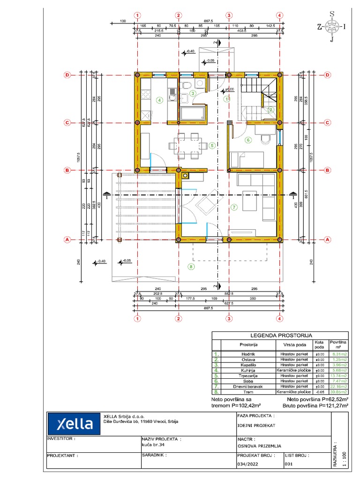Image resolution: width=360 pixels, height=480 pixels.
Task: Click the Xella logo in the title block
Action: [75, 424]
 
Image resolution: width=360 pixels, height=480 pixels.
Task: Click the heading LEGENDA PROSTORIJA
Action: [281, 336]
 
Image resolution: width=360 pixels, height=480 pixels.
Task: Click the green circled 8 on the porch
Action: [190, 267]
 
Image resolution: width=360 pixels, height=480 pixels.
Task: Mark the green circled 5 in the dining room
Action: [212, 146]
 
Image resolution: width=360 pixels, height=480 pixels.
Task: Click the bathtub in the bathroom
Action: [193, 113]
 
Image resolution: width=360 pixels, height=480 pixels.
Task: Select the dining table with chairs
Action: [187, 145]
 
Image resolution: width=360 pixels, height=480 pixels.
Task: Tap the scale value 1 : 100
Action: [345, 457]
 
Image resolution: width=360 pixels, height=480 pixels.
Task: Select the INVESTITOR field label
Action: [61, 439]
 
